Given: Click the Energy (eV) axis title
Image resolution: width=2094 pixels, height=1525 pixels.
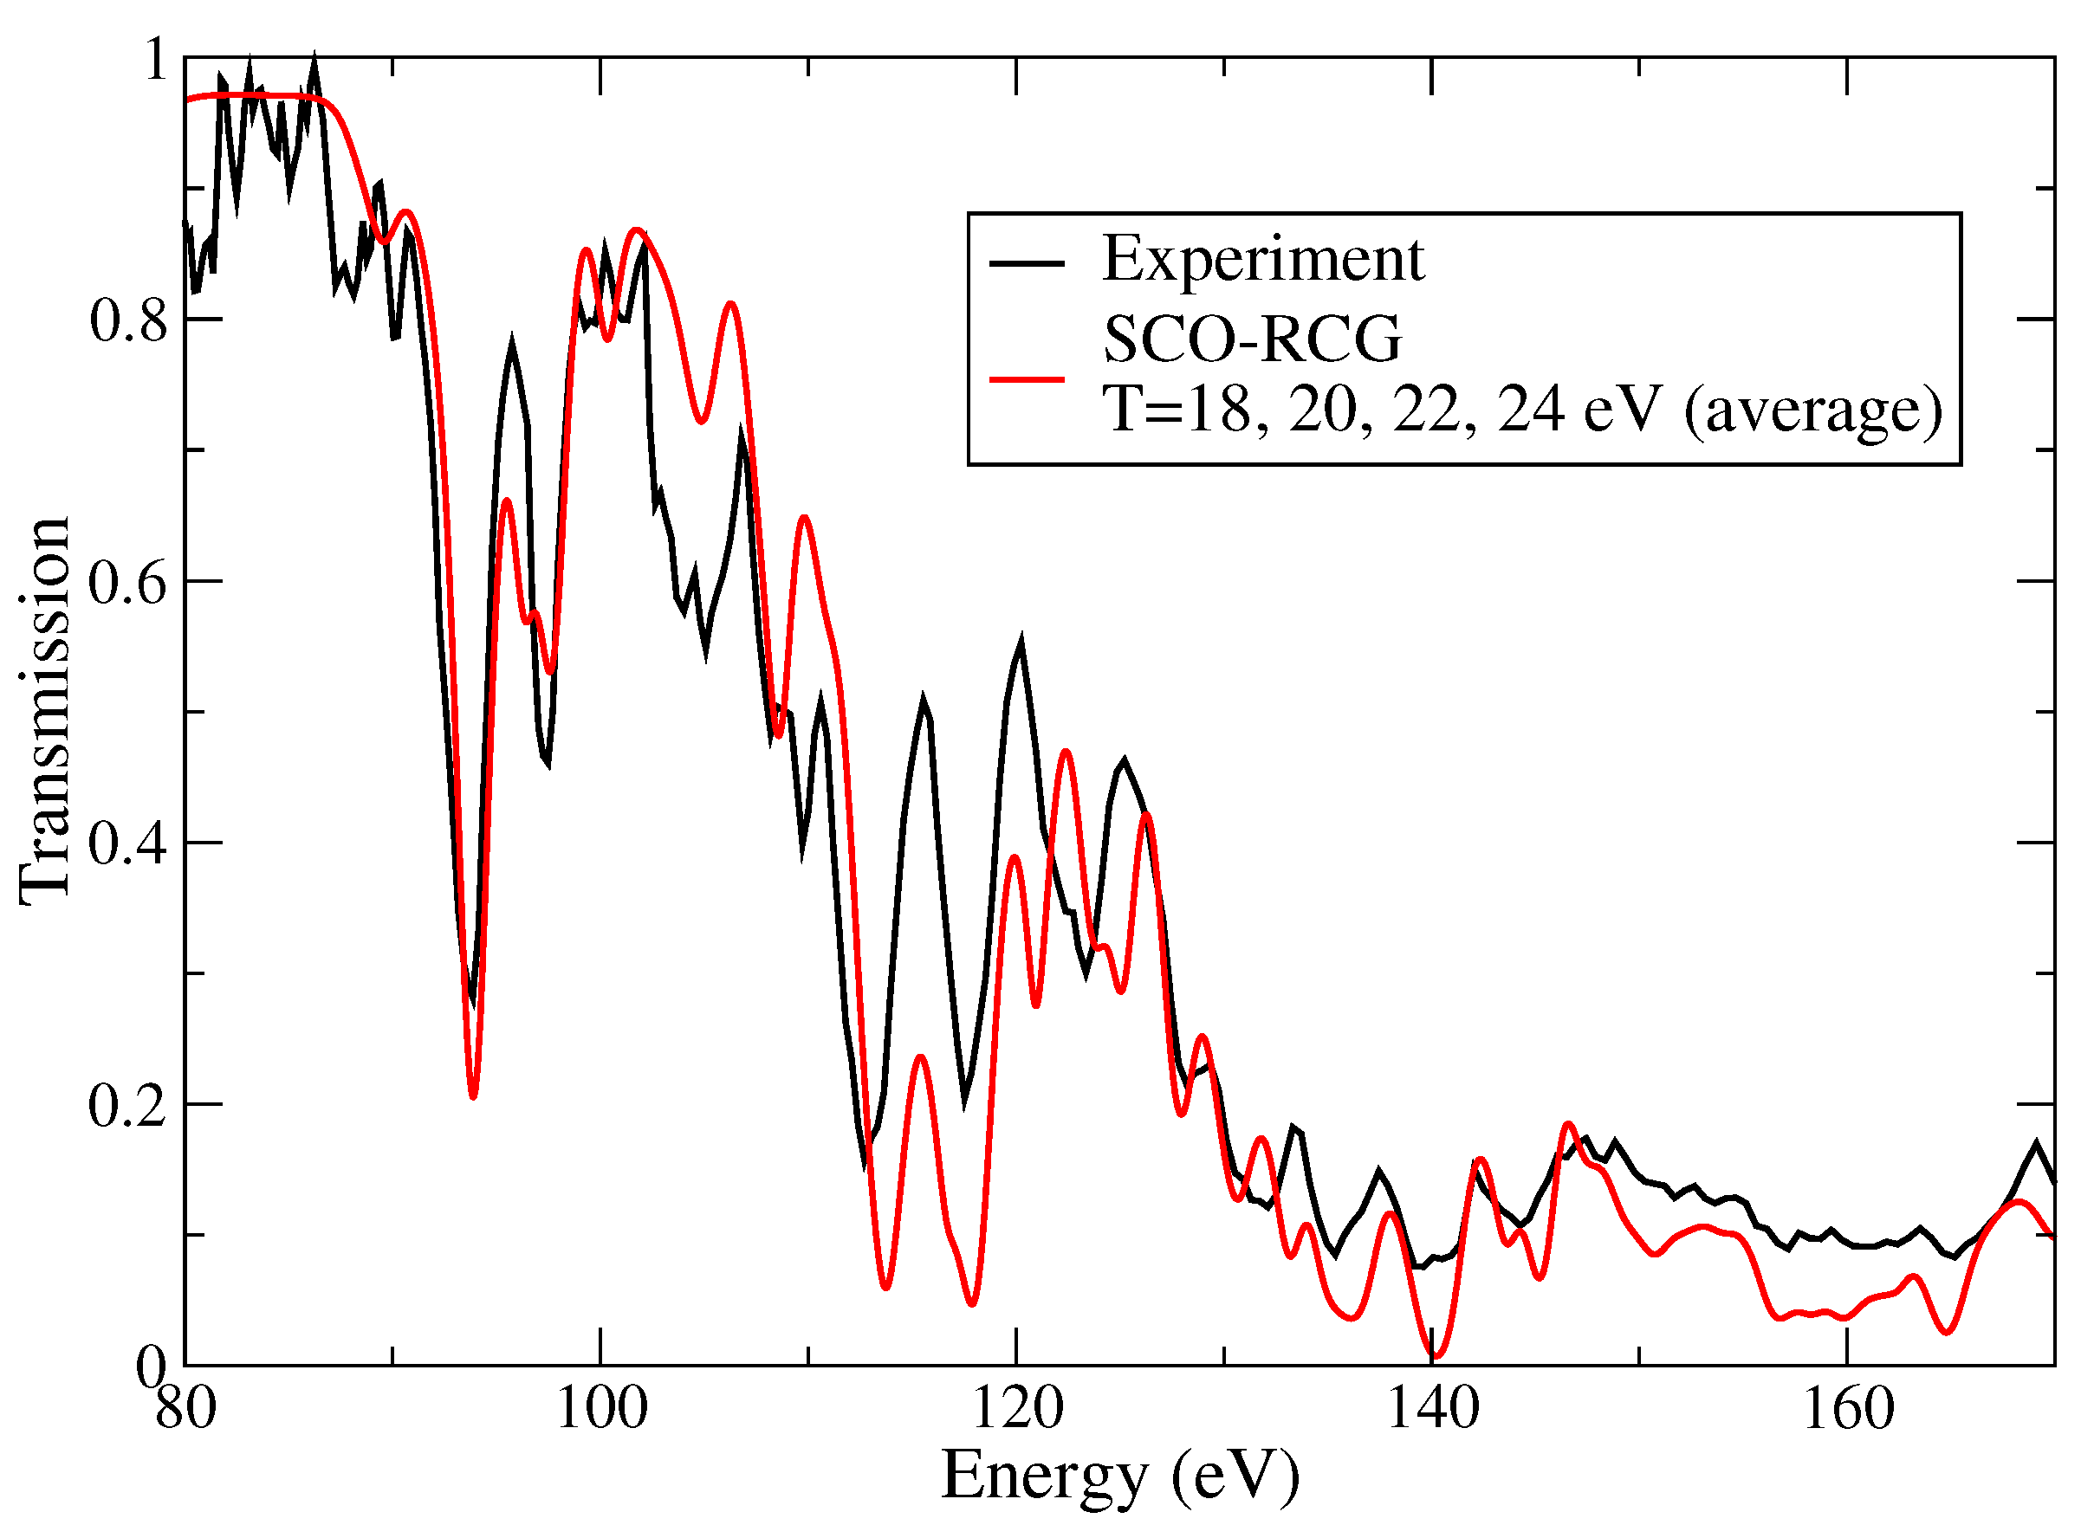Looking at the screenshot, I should (x=1120, y=1478).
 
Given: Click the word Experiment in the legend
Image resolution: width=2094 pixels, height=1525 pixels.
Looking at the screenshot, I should (x=1263, y=260).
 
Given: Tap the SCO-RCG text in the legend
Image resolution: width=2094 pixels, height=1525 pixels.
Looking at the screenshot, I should (x=1252, y=339).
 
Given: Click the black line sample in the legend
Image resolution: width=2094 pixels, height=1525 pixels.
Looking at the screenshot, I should (x=1027, y=265).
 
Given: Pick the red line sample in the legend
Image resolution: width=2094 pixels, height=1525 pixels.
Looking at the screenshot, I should (x=1027, y=379).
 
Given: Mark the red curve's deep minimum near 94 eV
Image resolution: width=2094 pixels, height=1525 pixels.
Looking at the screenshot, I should (x=474, y=1096).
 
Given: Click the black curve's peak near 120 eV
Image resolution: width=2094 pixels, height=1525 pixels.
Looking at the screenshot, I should (x=1021, y=640).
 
